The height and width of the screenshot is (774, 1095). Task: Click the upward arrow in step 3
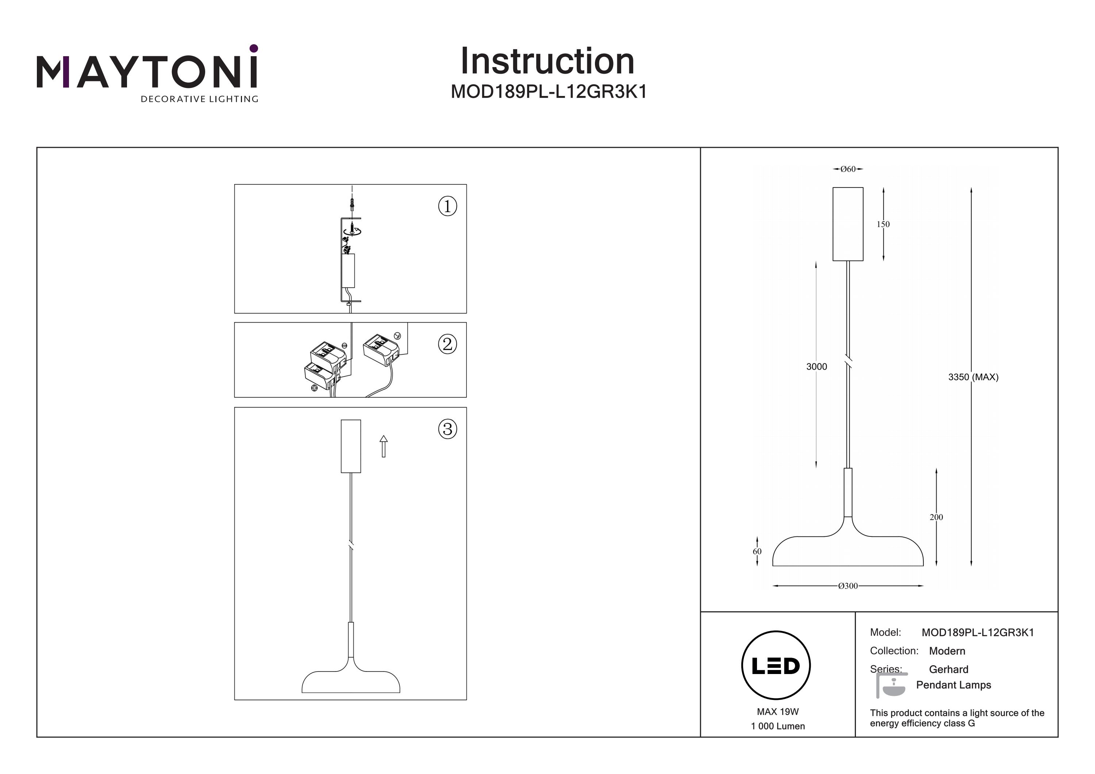[384, 446]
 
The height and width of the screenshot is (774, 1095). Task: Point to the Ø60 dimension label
[848, 169]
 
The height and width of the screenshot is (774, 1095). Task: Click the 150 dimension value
[883, 224]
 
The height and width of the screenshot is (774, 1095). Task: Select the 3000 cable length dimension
[817, 366]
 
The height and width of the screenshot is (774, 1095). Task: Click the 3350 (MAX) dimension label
[973, 377]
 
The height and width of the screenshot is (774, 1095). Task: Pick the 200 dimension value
[936, 517]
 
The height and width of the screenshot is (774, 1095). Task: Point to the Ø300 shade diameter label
[848, 586]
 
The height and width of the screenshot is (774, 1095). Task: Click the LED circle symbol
[776, 666]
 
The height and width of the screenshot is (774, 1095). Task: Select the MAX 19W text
[777, 712]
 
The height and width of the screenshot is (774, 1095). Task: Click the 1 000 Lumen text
[777, 726]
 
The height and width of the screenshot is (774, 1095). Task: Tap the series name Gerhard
[948, 669]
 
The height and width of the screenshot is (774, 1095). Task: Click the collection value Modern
[947, 651]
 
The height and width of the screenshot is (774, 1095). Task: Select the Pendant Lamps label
[953, 685]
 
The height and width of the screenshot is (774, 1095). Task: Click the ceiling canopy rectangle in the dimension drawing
[848, 224]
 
